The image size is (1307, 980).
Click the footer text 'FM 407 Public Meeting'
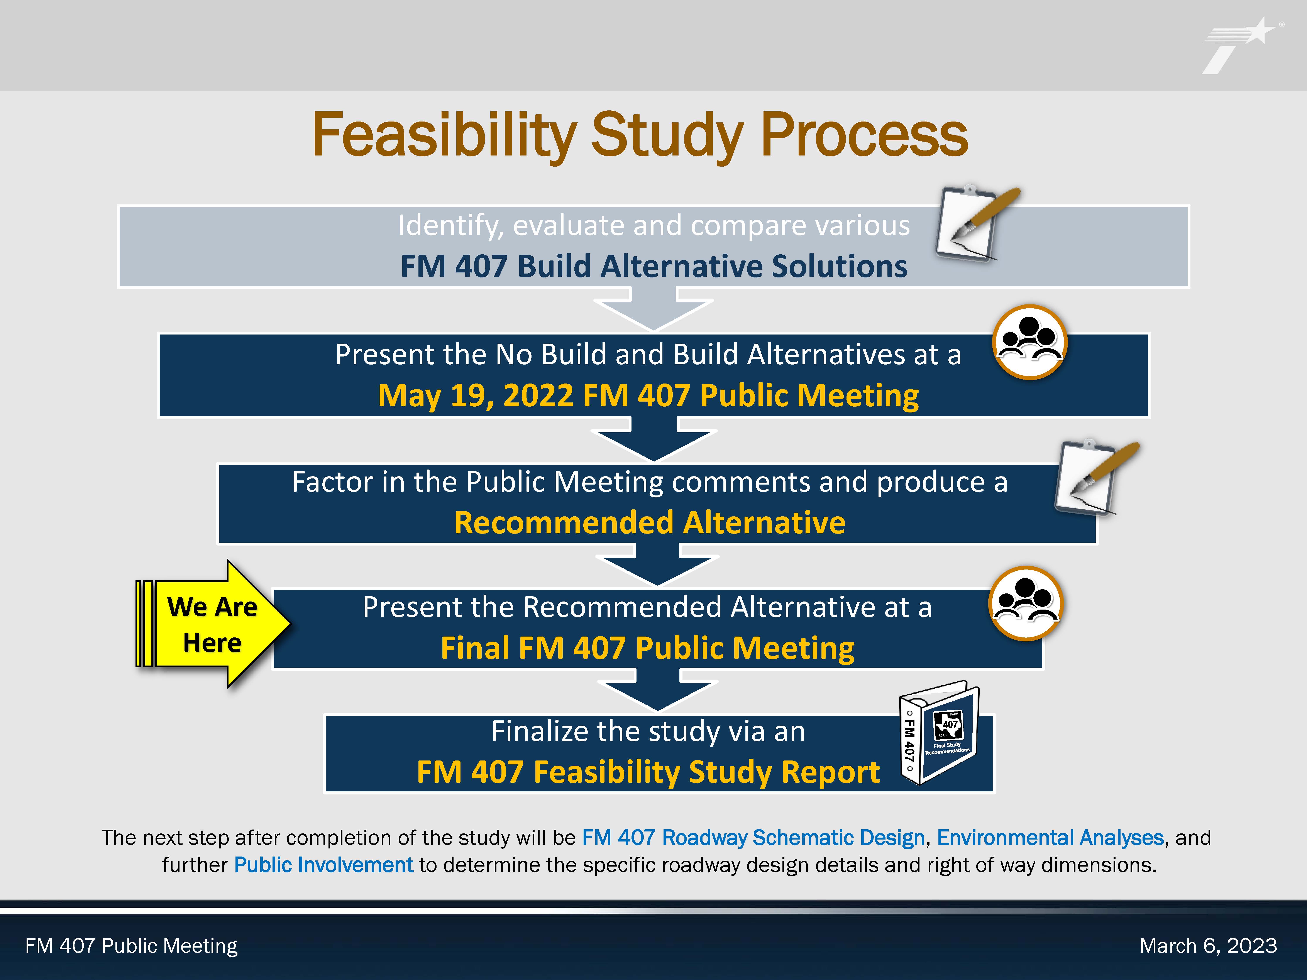click(x=131, y=946)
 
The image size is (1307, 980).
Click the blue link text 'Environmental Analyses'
click(x=1050, y=838)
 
